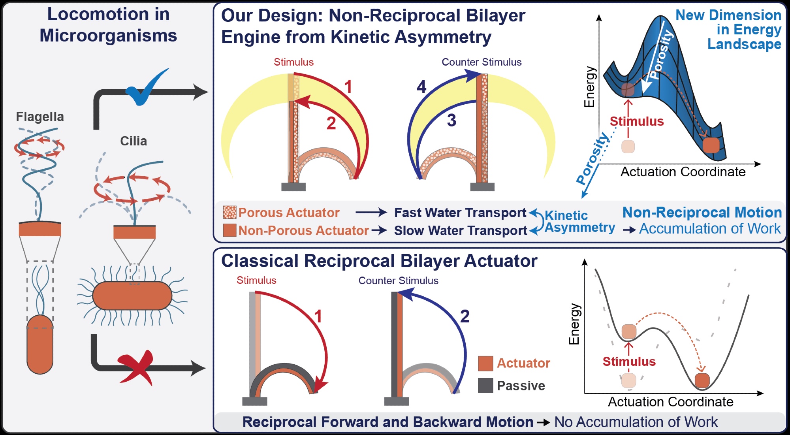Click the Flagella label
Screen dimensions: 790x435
coord(40,117)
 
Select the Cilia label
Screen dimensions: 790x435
coord(134,141)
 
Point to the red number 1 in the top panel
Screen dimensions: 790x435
coord(348,87)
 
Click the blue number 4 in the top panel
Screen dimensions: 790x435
coord(422,87)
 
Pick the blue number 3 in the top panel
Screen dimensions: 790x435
coord(451,120)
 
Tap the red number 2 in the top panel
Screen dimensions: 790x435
coord(331,123)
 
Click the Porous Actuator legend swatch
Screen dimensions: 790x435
coord(229,213)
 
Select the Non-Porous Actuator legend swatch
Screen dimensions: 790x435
coord(229,230)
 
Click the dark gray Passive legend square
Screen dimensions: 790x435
coord(485,386)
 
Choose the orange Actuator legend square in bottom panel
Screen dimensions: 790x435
coord(485,363)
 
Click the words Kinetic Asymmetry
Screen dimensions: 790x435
coord(580,222)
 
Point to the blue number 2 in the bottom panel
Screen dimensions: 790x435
coord(465,316)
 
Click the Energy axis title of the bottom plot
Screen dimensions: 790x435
coord(574,324)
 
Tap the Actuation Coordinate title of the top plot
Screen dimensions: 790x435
coord(683,172)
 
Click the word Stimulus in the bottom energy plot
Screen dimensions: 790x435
coord(629,362)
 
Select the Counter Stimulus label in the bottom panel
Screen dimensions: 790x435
coord(398,281)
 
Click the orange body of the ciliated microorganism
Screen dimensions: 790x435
coord(132,296)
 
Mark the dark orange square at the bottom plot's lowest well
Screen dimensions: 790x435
coord(702,380)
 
